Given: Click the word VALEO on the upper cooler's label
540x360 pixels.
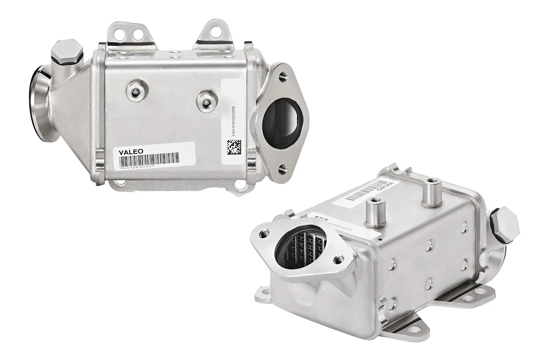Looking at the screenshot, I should point(131,152).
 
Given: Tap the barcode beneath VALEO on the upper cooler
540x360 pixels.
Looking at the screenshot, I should point(149,158).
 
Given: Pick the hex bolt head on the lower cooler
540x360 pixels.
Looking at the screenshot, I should point(504,224).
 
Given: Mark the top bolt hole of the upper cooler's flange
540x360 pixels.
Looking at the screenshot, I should point(282,76).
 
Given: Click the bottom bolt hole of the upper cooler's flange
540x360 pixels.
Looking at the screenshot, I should point(282,169).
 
